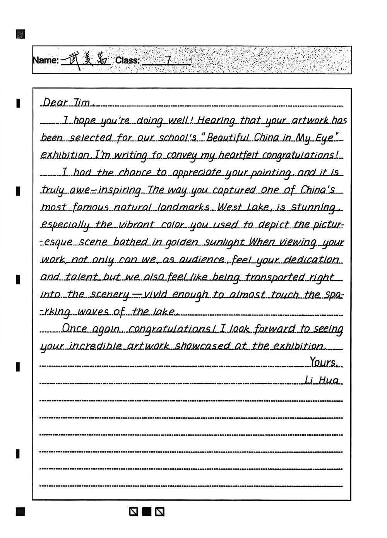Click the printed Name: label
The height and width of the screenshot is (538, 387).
click(x=46, y=60)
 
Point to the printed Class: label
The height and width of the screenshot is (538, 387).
click(x=127, y=60)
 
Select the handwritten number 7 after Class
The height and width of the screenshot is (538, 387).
click(x=168, y=60)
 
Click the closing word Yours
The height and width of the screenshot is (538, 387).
click(x=324, y=363)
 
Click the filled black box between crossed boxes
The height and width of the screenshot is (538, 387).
click(x=147, y=512)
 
